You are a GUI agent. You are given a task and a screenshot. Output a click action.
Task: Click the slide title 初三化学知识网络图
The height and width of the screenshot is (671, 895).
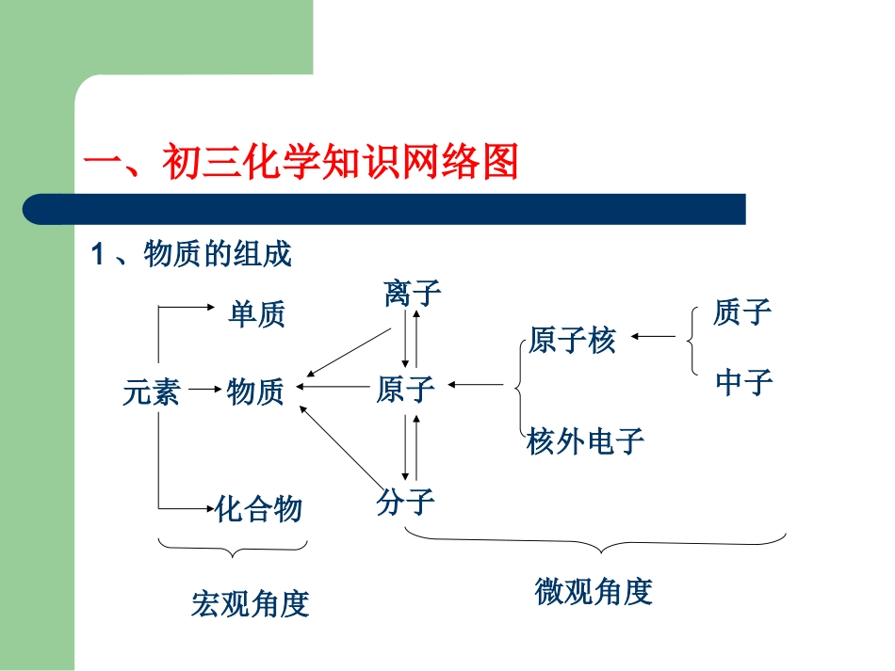pyautogui.click(x=301, y=162)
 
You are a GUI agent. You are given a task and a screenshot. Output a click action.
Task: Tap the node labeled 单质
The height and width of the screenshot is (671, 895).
pyautogui.click(x=256, y=314)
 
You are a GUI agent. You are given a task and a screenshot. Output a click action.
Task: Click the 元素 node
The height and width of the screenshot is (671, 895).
pyautogui.click(x=151, y=391)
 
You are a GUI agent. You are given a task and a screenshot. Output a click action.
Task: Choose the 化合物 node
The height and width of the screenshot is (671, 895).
pyautogui.click(x=259, y=509)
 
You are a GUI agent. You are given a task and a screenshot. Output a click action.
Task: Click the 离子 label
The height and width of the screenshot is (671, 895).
pyautogui.click(x=413, y=293)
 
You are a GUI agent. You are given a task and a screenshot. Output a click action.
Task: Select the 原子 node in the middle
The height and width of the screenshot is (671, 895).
pyautogui.click(x=405, y=388)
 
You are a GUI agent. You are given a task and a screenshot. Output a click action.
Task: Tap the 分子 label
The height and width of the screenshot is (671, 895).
pyautogui.click(x=405, y=501)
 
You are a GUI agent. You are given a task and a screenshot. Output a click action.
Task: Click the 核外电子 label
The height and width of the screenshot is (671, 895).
pyautogui.click(x=586, y=440)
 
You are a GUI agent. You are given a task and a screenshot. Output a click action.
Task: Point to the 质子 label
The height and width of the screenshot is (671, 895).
pyautogui.click(x=742, y=312)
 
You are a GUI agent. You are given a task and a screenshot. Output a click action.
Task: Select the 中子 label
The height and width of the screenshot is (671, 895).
pyautogui.click(x=743, y=381)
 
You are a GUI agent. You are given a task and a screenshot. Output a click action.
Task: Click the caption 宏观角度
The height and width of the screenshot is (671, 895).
pyautogui.click(x=250, y=603)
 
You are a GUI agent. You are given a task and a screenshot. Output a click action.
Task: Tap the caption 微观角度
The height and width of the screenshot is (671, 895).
pyautogui.click(x=594, y=591)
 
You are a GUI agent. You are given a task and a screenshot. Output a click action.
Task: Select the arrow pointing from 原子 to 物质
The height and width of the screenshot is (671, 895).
pyautogui.click(x=334, y=385)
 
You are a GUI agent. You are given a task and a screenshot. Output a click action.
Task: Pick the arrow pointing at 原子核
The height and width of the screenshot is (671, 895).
pyautogui.click(x=653, y=336)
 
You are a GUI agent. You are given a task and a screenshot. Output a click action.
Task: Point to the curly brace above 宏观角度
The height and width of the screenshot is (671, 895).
pyautogui.click(x=234, y=549)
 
